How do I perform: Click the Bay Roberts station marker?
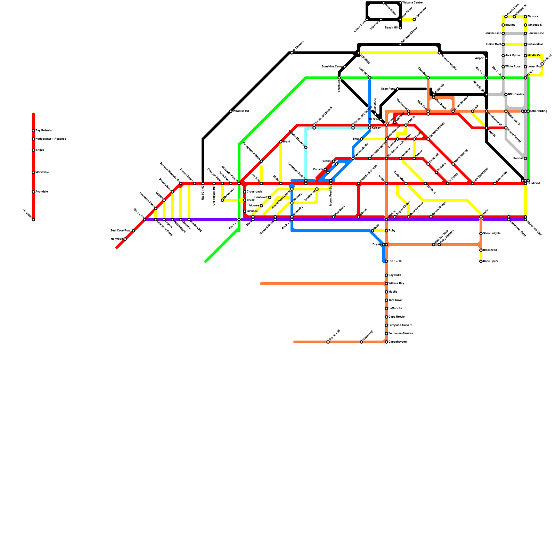point(33,131)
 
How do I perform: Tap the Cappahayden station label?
point(398,342)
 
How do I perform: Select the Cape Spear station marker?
point(481,261)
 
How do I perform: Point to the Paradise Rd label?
point(241,111)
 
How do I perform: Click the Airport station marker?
point(486,58)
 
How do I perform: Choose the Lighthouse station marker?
point(414,19)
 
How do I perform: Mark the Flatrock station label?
point(533,17)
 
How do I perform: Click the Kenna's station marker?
point(525,158)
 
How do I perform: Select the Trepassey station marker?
point(361,342)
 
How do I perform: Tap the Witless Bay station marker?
point(386,284)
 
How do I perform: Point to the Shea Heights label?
point(492,234)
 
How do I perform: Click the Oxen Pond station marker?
point(398,89)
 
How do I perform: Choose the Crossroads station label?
point(254,192)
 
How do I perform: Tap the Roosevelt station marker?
point(270,197)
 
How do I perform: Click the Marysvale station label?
point(42,172)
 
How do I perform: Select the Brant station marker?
point(281,142)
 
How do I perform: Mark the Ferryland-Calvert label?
point(400,325)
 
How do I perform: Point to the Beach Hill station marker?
point(400,28)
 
